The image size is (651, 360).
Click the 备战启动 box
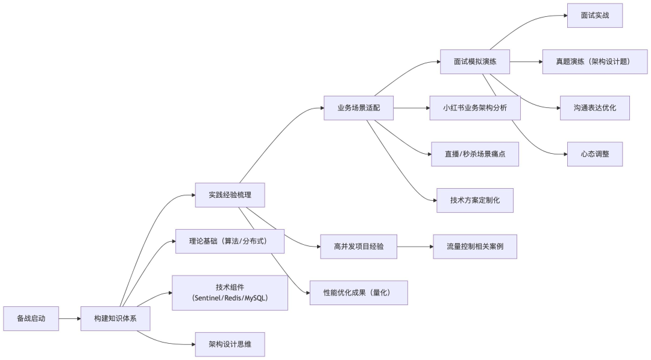(x=31, y=318)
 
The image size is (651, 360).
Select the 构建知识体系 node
(x=115, y=318)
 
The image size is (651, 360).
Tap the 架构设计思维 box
(x=230, y=344)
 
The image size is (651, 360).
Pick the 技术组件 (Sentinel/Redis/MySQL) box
(x=230, y=293)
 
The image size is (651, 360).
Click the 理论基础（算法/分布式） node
(x=230, y=241)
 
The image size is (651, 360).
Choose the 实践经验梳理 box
(x=230, y=195)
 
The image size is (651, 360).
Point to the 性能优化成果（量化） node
(x=359, y=292)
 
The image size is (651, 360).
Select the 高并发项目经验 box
(x=359, y=247)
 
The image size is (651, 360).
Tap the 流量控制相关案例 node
(x=475, y=247)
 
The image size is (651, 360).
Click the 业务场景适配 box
(x=359, y=108)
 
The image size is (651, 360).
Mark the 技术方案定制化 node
(x=475, y=200)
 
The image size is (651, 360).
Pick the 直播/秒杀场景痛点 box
(x=475, y=154)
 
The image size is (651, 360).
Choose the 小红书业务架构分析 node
(x=475, y=108)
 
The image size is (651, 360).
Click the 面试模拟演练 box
(x=475, y=62)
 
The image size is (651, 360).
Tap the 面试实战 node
(x=595, y=15)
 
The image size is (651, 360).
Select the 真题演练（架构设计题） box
(x=595, y=62)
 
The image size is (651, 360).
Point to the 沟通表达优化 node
(x=595, y=108)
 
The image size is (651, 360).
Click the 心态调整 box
(x=595, y=154)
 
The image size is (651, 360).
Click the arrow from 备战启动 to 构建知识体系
(x=71, y=318)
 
